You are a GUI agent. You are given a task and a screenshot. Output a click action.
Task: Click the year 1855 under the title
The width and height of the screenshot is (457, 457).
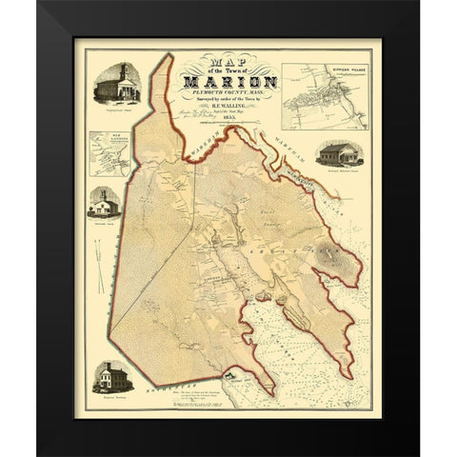[x=226, y=131]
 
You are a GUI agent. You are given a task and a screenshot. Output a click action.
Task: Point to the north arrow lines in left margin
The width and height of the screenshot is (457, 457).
[x=98, y=256]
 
